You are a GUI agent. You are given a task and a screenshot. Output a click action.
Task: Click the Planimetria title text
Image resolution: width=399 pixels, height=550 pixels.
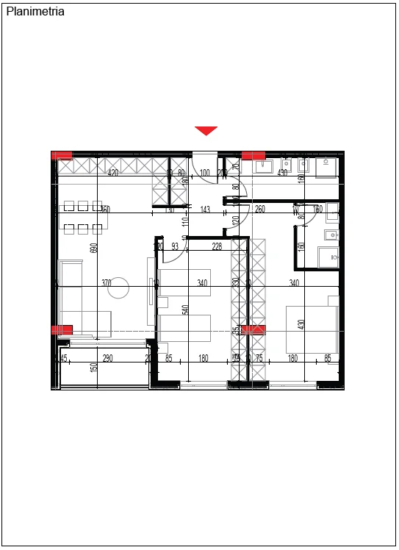pos(35,12)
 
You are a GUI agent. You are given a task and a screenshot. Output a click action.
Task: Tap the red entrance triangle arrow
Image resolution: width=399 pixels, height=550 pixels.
pos(206,130)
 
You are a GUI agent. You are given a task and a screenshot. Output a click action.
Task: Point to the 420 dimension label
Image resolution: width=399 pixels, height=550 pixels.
pos(113,174)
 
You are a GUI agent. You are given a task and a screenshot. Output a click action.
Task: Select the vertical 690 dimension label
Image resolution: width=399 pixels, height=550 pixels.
pos(94,248)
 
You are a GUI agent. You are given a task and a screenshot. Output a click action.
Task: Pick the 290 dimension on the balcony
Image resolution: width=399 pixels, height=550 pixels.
pos(107,359)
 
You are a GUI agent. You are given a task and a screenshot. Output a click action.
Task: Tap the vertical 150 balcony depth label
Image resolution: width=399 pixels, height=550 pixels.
pos(94,367)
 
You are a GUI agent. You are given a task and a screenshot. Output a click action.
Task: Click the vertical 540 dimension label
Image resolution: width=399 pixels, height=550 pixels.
pos(185,312)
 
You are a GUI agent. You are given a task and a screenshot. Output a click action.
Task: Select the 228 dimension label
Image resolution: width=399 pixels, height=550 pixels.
pos(217,247)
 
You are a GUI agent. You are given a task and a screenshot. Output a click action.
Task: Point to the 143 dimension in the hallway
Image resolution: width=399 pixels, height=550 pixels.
pos(205,210)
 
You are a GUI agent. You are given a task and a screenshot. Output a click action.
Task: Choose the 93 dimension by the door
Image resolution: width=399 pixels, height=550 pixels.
pos(175,247)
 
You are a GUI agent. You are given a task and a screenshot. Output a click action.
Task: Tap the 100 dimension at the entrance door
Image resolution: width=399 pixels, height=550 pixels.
pos(205,174)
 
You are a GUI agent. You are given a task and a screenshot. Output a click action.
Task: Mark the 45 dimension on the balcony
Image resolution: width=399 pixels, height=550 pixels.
pos(64,359)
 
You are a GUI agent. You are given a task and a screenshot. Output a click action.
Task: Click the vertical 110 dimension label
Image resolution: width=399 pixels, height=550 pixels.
pos(185,221)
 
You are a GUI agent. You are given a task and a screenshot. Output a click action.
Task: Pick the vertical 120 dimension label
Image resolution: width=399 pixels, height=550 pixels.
pos(236,221)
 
